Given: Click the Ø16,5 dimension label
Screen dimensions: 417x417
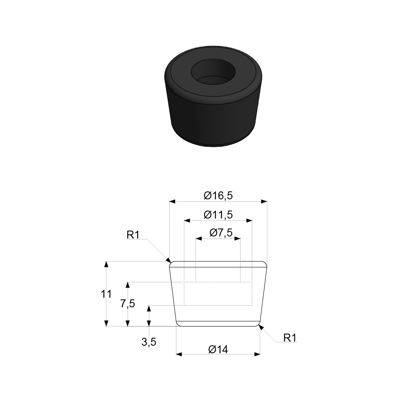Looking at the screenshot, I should pyautogui.click(x=218, y=195).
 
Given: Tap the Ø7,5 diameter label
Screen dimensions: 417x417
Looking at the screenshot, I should pyautogui.click(x=218, y=233).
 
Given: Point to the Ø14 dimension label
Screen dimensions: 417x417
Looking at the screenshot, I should pyautogui.click(x=218, y=349).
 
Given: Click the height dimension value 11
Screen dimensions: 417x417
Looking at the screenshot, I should pyautogui.click(x=106, y=294).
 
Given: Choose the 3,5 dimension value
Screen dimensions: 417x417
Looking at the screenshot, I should pyautogui.click(x=149, y=342).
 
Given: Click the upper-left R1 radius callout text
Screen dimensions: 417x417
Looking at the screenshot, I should pyautogui.click(x=133, y=235).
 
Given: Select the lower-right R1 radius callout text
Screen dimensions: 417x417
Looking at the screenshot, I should pyautogui.click(x=290, y=337).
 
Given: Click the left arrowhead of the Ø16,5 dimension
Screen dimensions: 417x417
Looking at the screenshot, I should pyautogui.click(x=172, y=201).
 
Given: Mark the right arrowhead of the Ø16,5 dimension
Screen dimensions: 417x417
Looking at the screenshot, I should pyautogui.click(x=264, y=201).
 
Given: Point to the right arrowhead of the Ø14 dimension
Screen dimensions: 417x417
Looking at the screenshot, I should pyautogui.click(x=257, y=354).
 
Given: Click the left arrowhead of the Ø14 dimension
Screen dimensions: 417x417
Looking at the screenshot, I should pyautogui.click(x=179, y=354).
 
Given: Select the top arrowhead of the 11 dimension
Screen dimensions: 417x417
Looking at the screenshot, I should pyautogui.click(x=106, y=264).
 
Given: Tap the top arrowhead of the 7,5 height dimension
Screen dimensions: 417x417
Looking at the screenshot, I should pyautogui.click(x=128, y=285).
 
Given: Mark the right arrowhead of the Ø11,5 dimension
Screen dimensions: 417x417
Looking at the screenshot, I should pyautogui.click(x=249, y=220).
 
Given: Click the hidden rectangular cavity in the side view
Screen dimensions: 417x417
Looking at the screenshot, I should pyautogui.click(x=218, y=294).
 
